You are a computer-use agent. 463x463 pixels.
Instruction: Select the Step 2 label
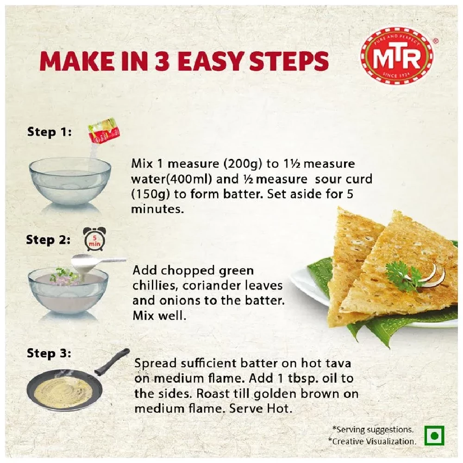point(48,240)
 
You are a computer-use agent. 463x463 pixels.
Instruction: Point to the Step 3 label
point(49,354)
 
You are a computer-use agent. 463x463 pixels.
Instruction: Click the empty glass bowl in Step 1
point(70,181)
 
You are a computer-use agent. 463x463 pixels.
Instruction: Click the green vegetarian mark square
point(434,436)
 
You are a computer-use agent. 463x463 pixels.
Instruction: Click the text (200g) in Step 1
point(236,164)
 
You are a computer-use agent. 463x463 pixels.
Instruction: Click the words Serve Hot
point(269,408)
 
